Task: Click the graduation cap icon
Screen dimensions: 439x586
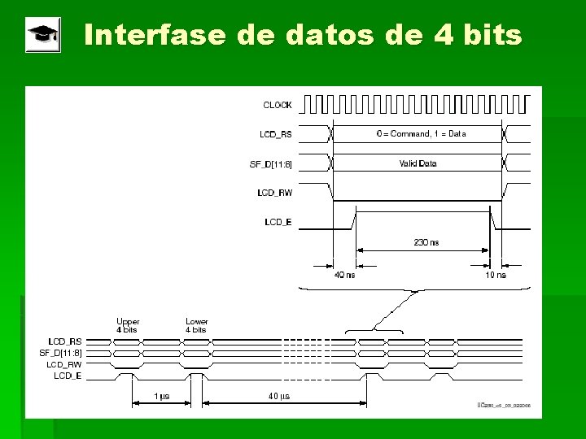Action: (42, 37)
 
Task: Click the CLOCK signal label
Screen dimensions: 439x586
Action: (277, 105)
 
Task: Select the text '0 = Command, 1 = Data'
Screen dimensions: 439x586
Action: (421, 133)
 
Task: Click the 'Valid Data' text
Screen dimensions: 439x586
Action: (418, 163)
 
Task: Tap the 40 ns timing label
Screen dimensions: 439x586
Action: (343, 275)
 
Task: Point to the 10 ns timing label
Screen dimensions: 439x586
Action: (495, 275)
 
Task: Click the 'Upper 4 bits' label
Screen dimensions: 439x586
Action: (128, 325)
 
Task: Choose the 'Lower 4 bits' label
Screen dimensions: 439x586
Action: (196, 325)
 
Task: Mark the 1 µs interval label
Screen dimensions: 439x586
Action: (162, 397)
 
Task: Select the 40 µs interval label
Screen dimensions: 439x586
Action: (278, 397)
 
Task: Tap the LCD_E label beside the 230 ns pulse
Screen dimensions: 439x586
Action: (278, 222)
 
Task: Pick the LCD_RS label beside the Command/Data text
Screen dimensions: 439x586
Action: (276, 133)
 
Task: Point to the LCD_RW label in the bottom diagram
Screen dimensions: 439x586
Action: (64, 365)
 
